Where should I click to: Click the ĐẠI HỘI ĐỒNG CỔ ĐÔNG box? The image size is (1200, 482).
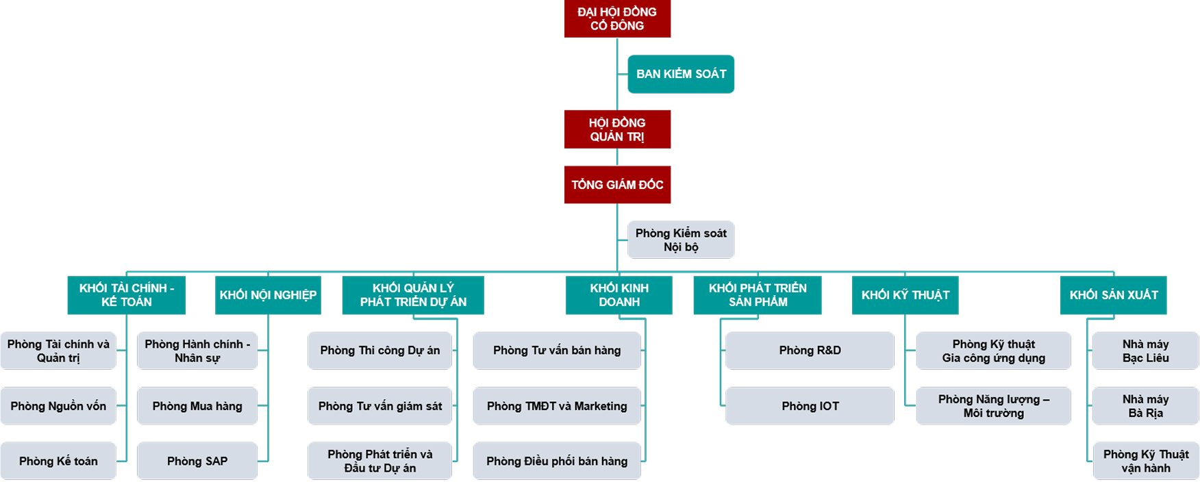click(617, 18)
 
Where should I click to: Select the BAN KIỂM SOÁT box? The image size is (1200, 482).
click(681, 74)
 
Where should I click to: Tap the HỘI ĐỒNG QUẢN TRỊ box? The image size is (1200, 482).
click(617, 129)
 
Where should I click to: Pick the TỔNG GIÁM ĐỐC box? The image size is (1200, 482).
click(617, 185)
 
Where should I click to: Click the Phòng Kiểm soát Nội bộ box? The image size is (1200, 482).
click(681, 240)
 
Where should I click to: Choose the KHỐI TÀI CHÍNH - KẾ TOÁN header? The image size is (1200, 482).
click(127, 295)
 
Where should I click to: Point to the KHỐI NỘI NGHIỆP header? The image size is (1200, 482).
click(268, 295)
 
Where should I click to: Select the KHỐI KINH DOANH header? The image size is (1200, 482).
click(619, 295)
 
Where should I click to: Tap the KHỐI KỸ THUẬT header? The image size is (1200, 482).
click(905, 295)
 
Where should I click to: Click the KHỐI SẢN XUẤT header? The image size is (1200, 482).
click(1113, 295)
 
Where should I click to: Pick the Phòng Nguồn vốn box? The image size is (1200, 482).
click(58, 406)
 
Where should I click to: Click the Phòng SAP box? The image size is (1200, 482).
click(197, 461)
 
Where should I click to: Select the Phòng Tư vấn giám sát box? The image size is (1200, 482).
click(380, 406)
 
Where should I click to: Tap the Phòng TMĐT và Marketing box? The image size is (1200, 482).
click(557, 406)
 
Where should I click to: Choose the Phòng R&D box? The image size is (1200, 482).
click(810, 351)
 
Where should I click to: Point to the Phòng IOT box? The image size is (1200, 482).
click(810, 406)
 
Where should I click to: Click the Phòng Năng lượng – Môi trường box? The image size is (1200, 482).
click(993, 406)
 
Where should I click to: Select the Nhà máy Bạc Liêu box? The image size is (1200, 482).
click(1145, 351)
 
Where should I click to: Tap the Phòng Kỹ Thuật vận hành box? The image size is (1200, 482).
click(1145, 461)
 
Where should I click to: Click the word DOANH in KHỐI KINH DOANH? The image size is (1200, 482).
click(619, 302)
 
